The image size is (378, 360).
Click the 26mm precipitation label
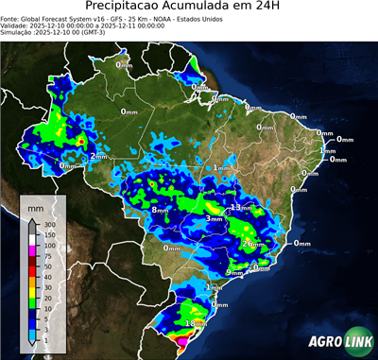pyautogui.click(x=252, y=244)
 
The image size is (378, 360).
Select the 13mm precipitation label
pyautogui.click(x=243, y=206)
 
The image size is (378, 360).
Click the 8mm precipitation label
pyautogui.click(x=160, y=209)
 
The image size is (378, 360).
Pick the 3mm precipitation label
pyautogui.click(x=214, y=219)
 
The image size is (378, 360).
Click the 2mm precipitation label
pyautogui.click(x=99, y=156)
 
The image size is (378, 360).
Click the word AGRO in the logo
pyautogui.click(x=322, y=341)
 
